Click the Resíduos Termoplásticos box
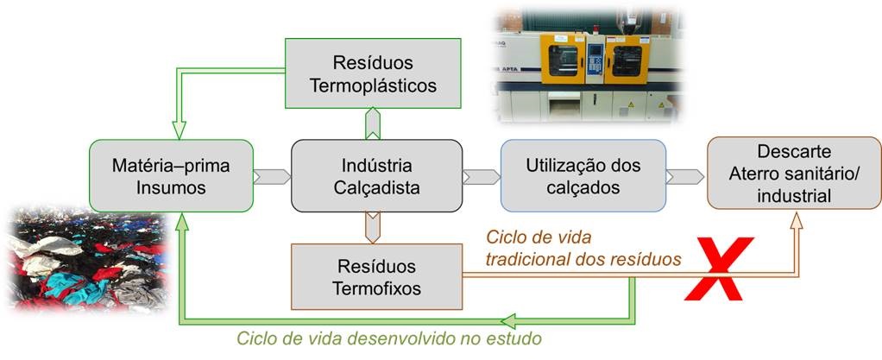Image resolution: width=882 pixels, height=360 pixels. tap(372, 74)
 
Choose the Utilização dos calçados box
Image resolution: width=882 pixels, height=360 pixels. tap(583, 175)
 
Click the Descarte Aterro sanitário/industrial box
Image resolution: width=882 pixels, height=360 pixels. tap(793, 173)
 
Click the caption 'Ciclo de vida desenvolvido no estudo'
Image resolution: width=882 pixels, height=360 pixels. tap(389, 338)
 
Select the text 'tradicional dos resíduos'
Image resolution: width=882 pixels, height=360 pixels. tap(584, 256)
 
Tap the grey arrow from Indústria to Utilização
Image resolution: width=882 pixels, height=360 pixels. tap(482, 176)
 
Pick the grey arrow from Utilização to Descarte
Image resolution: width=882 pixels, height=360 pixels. tap(686, 176)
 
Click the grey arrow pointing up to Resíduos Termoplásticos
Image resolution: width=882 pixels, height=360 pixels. tap(372, 123)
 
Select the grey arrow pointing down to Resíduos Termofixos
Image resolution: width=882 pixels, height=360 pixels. tap(372, 227)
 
